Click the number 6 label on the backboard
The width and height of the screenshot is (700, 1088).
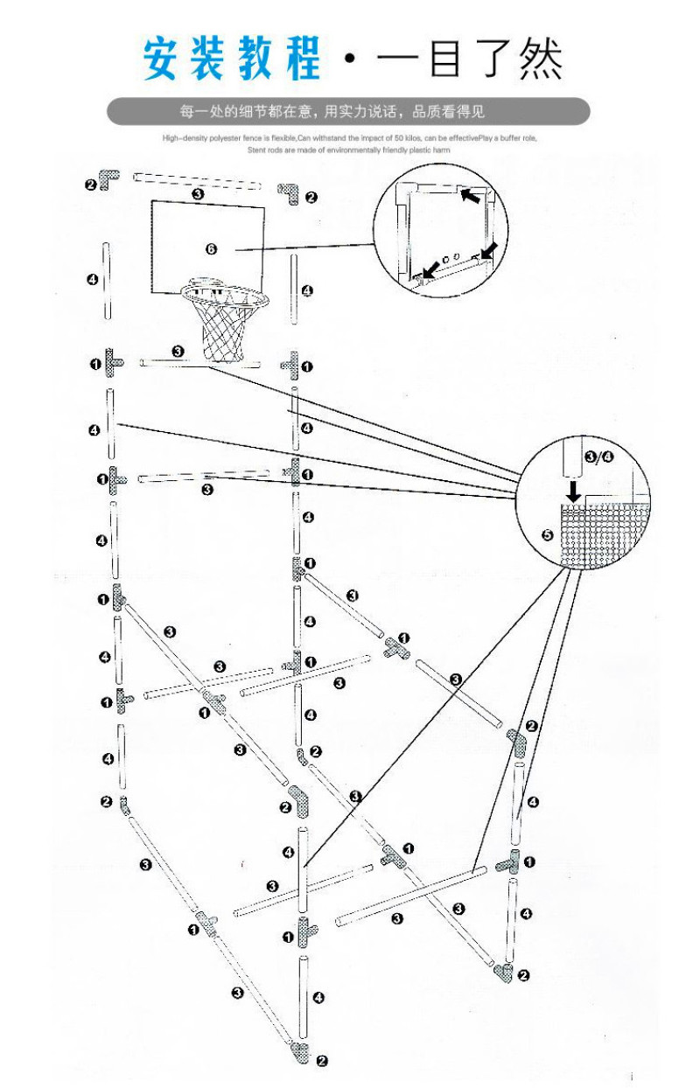tap(211, 249)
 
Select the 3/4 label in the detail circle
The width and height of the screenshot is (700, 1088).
tap(598, 456)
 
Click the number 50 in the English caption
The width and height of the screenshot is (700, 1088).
tap(402, 138)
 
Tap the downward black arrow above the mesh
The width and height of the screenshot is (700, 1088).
tap(573, 489)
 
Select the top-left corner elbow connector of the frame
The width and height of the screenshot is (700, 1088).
tap(108, 181)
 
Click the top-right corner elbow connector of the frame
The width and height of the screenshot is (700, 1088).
tap(290, 192)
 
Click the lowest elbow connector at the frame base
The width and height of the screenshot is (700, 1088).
tap(299, 1054)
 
